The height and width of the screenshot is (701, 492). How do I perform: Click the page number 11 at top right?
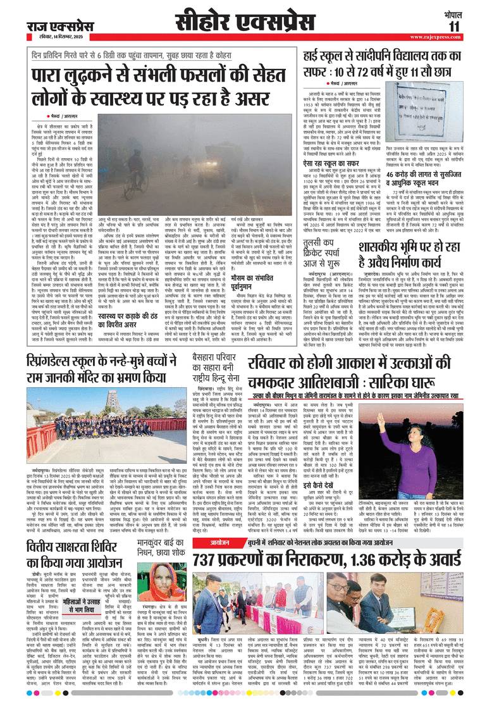coord(472,26)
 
